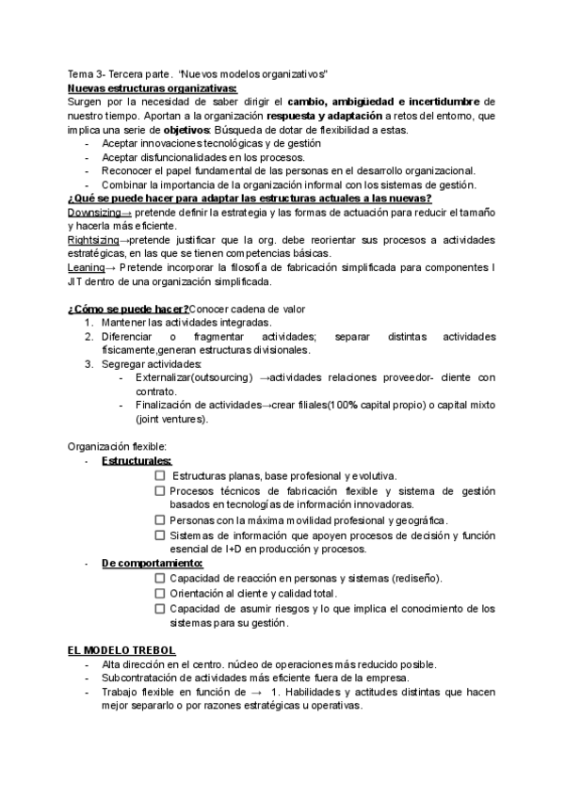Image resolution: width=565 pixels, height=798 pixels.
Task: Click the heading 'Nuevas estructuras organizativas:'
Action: pyautogui.click(x=138, y=88)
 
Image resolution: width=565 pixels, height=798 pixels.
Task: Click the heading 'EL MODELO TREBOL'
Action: pyautogui.click(x=121, y=650)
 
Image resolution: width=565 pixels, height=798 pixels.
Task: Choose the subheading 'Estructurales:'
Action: pyautogui.click(x=137, y=461)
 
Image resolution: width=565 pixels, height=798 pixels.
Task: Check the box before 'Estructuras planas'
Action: pyautogui.click(x=159, y=476)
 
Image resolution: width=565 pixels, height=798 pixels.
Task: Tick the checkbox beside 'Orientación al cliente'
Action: pyautogui.click(x=159, y=593)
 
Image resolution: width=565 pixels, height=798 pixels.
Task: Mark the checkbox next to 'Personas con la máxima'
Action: pyautogui.click(x=159, y=520)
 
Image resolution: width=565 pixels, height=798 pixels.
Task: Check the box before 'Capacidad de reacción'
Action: pyautogui.click(x=159, y=578)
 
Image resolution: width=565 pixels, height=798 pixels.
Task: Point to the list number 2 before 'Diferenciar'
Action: pyautogui.click(x=89, y=336)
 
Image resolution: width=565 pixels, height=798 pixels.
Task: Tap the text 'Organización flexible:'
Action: pyautogui.click(x=118, y=446)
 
